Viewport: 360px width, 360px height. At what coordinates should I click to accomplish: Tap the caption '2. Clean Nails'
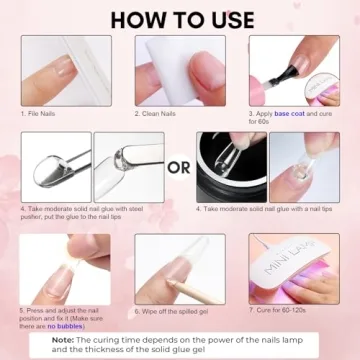(161, 114)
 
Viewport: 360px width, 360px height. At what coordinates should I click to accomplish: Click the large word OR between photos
(179, 166)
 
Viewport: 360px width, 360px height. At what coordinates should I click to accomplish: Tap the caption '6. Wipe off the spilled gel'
(176, 311)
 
